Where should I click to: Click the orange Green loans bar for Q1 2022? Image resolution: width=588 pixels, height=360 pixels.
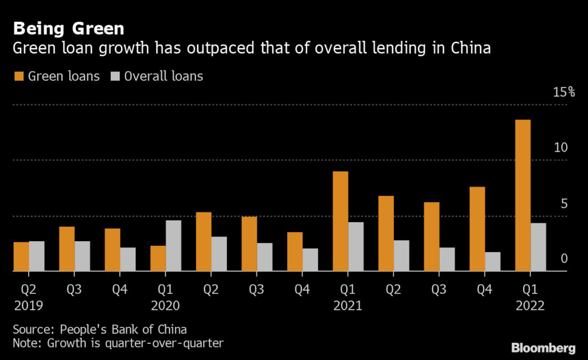coord(523,195)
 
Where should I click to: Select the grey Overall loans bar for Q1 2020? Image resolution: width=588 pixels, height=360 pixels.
coord(173,245)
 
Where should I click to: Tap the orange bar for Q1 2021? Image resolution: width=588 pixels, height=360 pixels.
coord(340,221)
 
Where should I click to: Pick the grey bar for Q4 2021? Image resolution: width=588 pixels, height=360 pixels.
coord(493,261)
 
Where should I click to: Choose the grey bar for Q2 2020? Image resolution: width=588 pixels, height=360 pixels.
coord(219,253)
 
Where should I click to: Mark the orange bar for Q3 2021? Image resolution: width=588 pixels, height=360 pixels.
coord(431,236)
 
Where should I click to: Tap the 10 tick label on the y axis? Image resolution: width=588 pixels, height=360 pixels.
coord(560,148)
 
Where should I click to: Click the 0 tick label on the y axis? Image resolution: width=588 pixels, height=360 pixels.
coord(564,259)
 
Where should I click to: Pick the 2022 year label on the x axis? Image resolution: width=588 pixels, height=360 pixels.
coord(530,305)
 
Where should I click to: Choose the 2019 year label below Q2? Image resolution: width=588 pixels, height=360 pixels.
coord(28,305)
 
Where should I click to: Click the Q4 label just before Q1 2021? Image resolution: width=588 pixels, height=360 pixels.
coord(302,289)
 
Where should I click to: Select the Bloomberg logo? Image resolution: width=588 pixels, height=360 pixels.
coord(543,347)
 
